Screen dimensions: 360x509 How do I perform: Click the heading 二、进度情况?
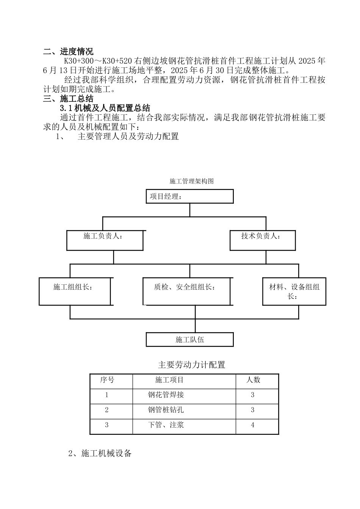(x=68, y=52)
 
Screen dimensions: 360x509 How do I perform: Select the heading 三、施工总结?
(x=68, y=99)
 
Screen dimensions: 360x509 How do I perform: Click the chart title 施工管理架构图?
(x=191, y=181)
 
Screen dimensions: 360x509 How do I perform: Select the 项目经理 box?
(x=189, y=197)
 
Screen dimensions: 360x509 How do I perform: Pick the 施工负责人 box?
(x=105, y=240)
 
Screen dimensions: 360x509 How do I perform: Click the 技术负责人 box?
(x=263, y=240)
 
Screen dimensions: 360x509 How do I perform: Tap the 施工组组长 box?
(x=75, y=291)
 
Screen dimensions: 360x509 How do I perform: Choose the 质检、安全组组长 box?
(x=186, y=291)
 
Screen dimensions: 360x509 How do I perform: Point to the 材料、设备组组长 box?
(x=294, y=291)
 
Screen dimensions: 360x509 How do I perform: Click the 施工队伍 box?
(x=189, y=339)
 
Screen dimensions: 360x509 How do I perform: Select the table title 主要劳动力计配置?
(x=191, y=365)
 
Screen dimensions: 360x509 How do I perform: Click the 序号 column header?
(x=107, y=380)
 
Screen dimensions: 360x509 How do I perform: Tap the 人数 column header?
(x=253, y=380)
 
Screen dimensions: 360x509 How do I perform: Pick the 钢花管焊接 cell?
(x=166, y=395)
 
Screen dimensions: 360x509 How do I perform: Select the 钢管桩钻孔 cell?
(x=166, y=410)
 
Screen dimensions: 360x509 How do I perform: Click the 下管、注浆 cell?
(x=166, y=425)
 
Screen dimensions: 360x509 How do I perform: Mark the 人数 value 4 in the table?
(x=253, y=425)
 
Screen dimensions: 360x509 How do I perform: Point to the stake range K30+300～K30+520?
(x=97, y=61)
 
